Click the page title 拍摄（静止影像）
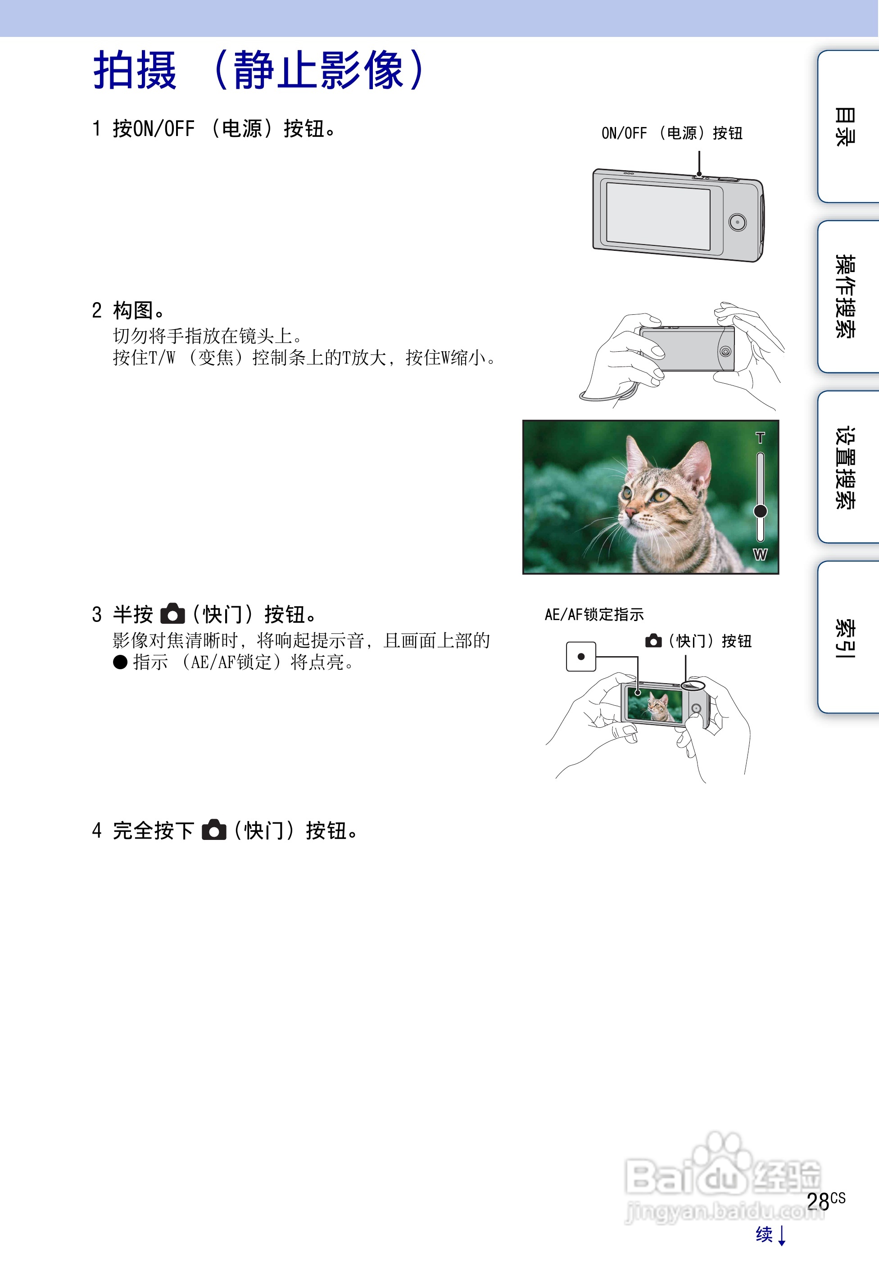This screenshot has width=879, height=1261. (x=258, y=70)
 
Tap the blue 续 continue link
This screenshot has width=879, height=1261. (x=764, y=1234)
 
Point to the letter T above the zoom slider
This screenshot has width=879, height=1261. (x=760, y=438)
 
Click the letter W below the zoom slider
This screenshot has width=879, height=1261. (x=760, y=554)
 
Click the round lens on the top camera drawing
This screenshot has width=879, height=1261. (x=737, y=222)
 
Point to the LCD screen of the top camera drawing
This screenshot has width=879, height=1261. (x=658, y=216)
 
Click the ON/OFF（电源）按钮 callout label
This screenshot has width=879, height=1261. (x=672, y=133)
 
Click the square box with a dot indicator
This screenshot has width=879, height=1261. (x=581, y=656)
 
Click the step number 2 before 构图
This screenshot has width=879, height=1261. (x=97, y=311)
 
